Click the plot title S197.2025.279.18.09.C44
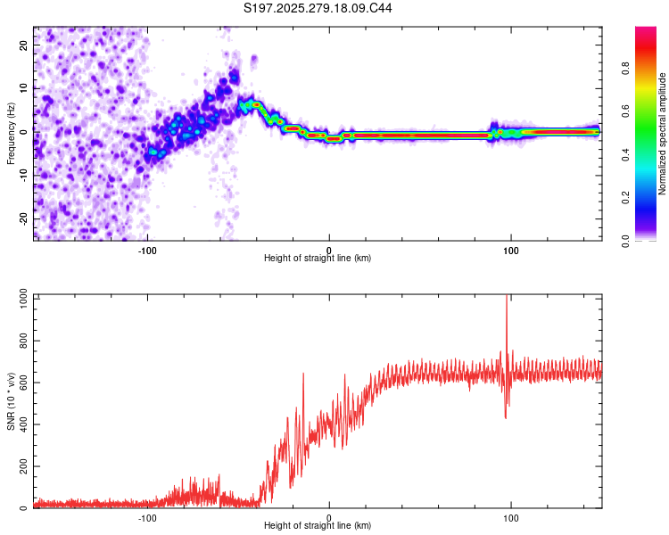318,9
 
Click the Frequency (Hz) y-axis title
11,133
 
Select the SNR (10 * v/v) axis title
11,401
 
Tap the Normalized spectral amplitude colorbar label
662,134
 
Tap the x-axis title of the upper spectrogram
318,258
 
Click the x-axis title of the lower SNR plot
318,526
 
